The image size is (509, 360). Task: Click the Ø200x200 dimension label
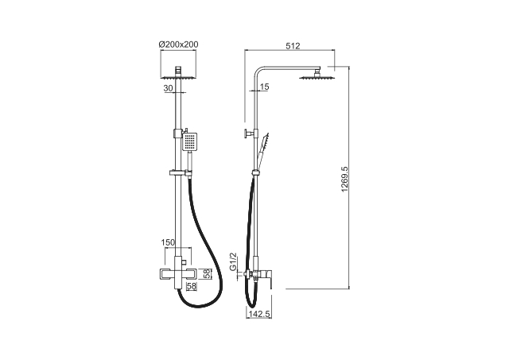coord(178,45)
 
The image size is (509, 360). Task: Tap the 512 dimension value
coord(293,46)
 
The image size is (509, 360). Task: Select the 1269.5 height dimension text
coord(344,179)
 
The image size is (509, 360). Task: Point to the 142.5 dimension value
coord(259,314)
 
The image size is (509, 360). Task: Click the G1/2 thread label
coord(233,261)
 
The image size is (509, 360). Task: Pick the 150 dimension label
coord(168,242)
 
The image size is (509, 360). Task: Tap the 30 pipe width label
coord(168,88)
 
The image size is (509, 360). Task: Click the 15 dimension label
coord(265,87)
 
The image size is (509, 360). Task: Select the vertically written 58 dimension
coord(207,273)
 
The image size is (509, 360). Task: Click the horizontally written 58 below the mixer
coord(192,286)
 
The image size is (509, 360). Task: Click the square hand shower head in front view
coord(189,141)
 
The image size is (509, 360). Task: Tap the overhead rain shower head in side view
coord(315,75)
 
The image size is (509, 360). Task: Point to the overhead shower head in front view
coord(178,74)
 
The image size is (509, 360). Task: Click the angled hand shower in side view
coord(262,150)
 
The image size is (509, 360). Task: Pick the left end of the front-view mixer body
coord(159,274)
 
